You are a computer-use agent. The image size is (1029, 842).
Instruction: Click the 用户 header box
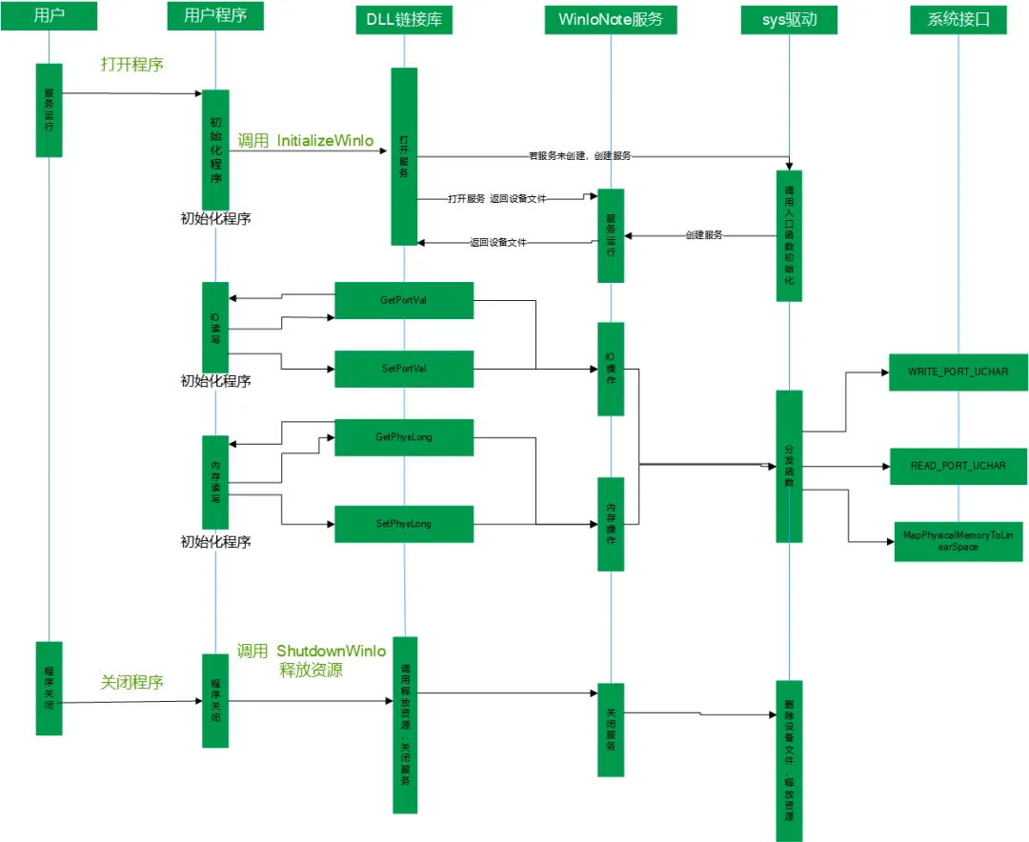pyautogui.click(x=49, y=16)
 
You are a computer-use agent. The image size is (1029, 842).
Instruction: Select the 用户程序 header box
pyautogui.click(x=215, y=16)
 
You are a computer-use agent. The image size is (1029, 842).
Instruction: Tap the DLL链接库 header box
pyautogui.click(x=404, y=19)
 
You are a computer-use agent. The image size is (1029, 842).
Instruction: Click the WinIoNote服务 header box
pyautogui.click(x=611, y=19)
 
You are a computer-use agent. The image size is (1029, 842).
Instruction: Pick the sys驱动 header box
pyautogui.click(x=789, y=19)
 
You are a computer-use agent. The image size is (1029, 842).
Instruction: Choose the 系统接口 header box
pyautogui.click(x=958, y=19)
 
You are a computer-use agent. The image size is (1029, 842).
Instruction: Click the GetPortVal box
pyautogui.click(x=404, y=300)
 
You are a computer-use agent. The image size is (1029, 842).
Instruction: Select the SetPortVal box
pyautogui.click(x=404, y=369)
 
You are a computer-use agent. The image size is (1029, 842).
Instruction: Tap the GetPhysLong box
pyautogui.click(x=404, y=437)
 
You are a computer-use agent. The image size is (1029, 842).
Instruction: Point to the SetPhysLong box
pyautogui.click(x=404, y=524)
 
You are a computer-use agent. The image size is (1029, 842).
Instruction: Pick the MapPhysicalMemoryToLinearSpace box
pyautogui.click(x=958, y=541)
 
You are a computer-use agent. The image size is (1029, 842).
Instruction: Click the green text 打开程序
pyautogui.click(x=132, y=65)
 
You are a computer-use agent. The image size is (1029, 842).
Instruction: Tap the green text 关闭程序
pyautogui.click(x=132, y=682)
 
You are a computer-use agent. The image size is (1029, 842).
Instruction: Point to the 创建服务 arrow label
pyautogui.click(x=703, y=234)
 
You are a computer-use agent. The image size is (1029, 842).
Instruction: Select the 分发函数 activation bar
pyautogui.click(x=789, y=467)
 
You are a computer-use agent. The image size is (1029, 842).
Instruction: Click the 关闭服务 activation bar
pyautogui.click(x=611, y=731)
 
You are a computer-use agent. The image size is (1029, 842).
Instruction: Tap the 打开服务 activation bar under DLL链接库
pyautogui.click(x=404, y=156)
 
